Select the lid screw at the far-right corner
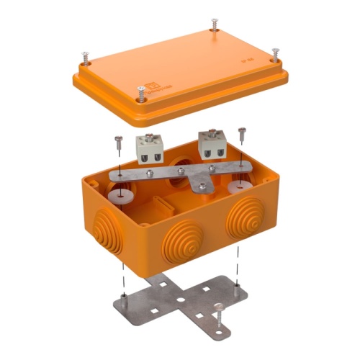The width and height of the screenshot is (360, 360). click(274, 53)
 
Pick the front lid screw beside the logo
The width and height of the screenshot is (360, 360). click(141, 91)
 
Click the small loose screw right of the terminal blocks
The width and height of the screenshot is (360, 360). click(241, 133)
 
